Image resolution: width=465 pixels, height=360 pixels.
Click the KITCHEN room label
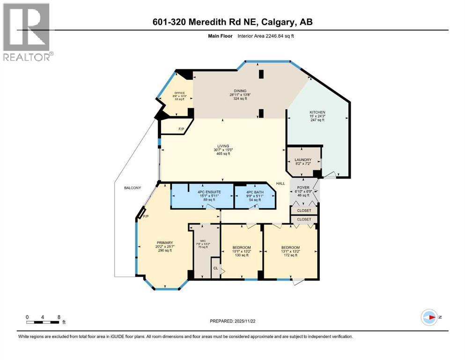click(x=317, y=113)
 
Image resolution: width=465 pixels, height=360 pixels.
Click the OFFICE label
click(x=180, y=93)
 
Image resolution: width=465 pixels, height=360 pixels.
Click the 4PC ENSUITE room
click(x=202, y=196)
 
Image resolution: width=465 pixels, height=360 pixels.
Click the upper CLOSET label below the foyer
click(x=304, y=210)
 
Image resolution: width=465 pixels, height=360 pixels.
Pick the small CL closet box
click(x=215, y=268)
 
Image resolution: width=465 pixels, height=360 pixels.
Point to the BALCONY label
click(x=133, y=188)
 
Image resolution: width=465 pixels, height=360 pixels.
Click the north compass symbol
click(x=429, y=317)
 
